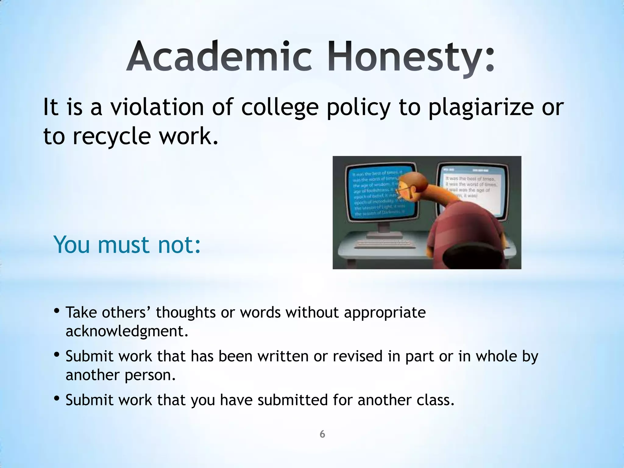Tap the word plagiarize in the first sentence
tap(481, 107)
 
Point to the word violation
tap(157, 107)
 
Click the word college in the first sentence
tap(280, 107)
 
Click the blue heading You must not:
tap(127, 245)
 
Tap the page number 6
tap(322, 434)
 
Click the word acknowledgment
tap(126, 331)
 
